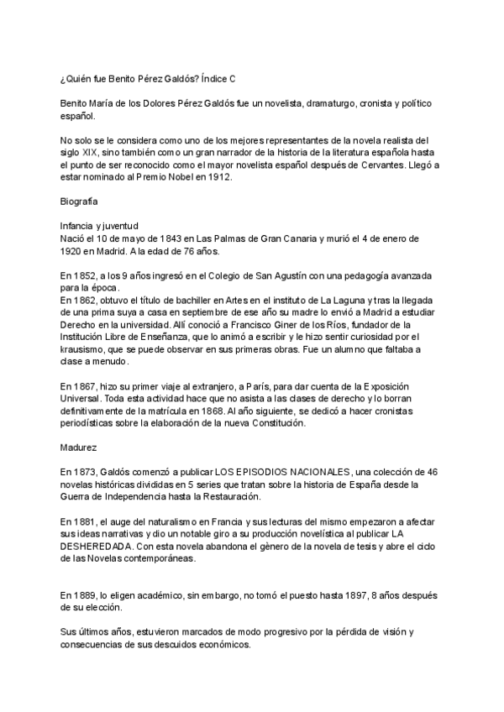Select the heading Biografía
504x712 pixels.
pos(79,202)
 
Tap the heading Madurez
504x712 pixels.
pos(78,448)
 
